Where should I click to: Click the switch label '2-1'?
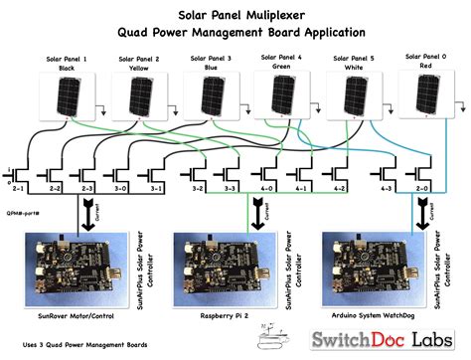(x=18, y=188)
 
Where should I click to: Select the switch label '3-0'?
(x=120, y=188)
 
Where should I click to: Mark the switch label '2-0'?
(x=422, y=188)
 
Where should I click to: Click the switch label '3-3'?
(x=231, y=188)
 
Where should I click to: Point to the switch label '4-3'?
(x=387, y=188)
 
